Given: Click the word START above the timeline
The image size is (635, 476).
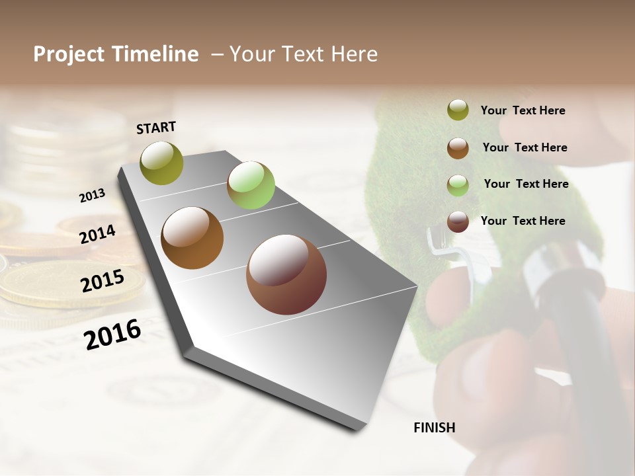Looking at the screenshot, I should (156, 128).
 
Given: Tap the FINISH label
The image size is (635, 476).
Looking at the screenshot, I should (434, 428).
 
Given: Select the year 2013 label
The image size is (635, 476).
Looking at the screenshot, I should (92, 196).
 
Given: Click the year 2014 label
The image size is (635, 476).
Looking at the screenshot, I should (97, 234).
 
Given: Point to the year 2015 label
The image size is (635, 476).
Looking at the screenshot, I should (103, 280).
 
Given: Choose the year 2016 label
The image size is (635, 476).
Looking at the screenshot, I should (112, 335).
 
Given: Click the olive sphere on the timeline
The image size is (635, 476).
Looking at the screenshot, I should (162, 163).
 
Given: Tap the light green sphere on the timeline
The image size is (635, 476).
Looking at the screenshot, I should (251, 185).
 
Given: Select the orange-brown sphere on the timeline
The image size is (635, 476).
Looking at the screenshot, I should (192, 238).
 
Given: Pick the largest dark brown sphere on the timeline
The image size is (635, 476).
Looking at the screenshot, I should (286, 274).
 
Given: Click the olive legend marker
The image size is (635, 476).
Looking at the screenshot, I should (458, 110).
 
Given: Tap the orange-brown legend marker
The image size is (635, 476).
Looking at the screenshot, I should (458, 148).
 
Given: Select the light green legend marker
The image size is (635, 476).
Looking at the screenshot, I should (458, 184).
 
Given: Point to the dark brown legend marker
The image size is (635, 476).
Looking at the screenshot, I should (458, 221).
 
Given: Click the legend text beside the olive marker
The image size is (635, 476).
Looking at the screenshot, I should (523, 110).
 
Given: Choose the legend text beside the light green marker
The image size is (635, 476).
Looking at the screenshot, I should (526, 184).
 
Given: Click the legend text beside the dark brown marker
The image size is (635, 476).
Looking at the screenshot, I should (523, 221).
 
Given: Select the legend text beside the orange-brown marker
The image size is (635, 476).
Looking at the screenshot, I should (525, 147).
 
